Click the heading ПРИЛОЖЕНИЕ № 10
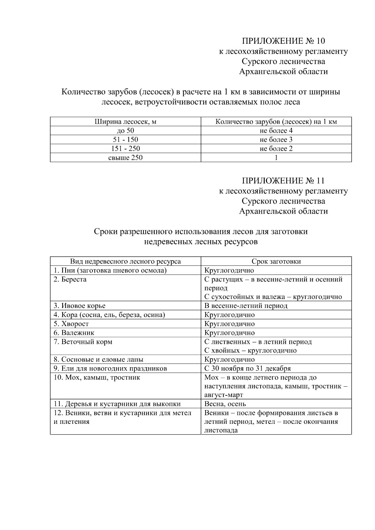tap(283, 41)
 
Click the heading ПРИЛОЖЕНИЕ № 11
tap(283, 181)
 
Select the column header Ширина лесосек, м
tap(125, 122)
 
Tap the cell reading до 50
tap(125, 131)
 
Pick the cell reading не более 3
tap(276, 140)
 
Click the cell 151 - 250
tap(125, 149)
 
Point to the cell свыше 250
tap(125, 158)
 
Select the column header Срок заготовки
tap(276, 261)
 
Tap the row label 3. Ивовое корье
tap(79, 306)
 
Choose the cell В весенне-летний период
tap(246, 306)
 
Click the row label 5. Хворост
tap(71, 324)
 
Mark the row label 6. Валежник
tap(74, 333)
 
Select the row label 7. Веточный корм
tap(83, 342)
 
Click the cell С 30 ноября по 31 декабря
tap(247, 369)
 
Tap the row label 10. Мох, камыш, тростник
tap(97, 378)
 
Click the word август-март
tap(223, 395)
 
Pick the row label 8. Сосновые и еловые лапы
tap(98, 359)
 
